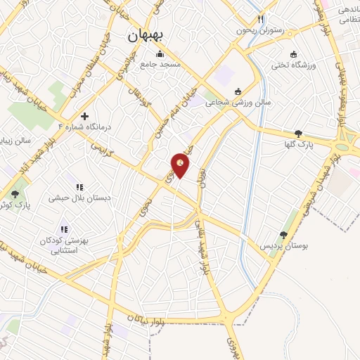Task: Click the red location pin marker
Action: click(x=181, y=165)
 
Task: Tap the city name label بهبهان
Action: click(x=146, y=37)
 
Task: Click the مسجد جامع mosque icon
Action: click(x=160, y=54)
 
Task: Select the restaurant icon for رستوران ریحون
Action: click(x=260, y=20)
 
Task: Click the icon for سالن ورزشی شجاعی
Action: click(x=238, y=91)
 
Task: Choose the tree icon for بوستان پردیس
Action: click(x=284, y=236)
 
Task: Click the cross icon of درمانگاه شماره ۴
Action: click(x=85, y=116)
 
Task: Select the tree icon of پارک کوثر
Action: click(x=15, y=193)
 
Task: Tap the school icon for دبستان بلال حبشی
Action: click(x=79, y=187)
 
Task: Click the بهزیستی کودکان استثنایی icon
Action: click(x=65, y=229)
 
